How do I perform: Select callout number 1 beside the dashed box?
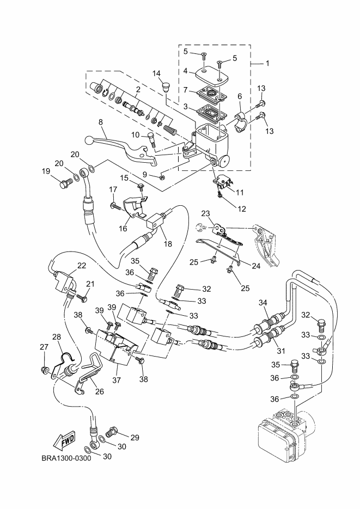(x=267, y=64)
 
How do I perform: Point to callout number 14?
(x=156, y=73)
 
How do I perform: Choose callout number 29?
(x=135, y=437)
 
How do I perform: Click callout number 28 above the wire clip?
(x=57, y=338)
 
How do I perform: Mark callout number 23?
(x=206, y=213)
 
